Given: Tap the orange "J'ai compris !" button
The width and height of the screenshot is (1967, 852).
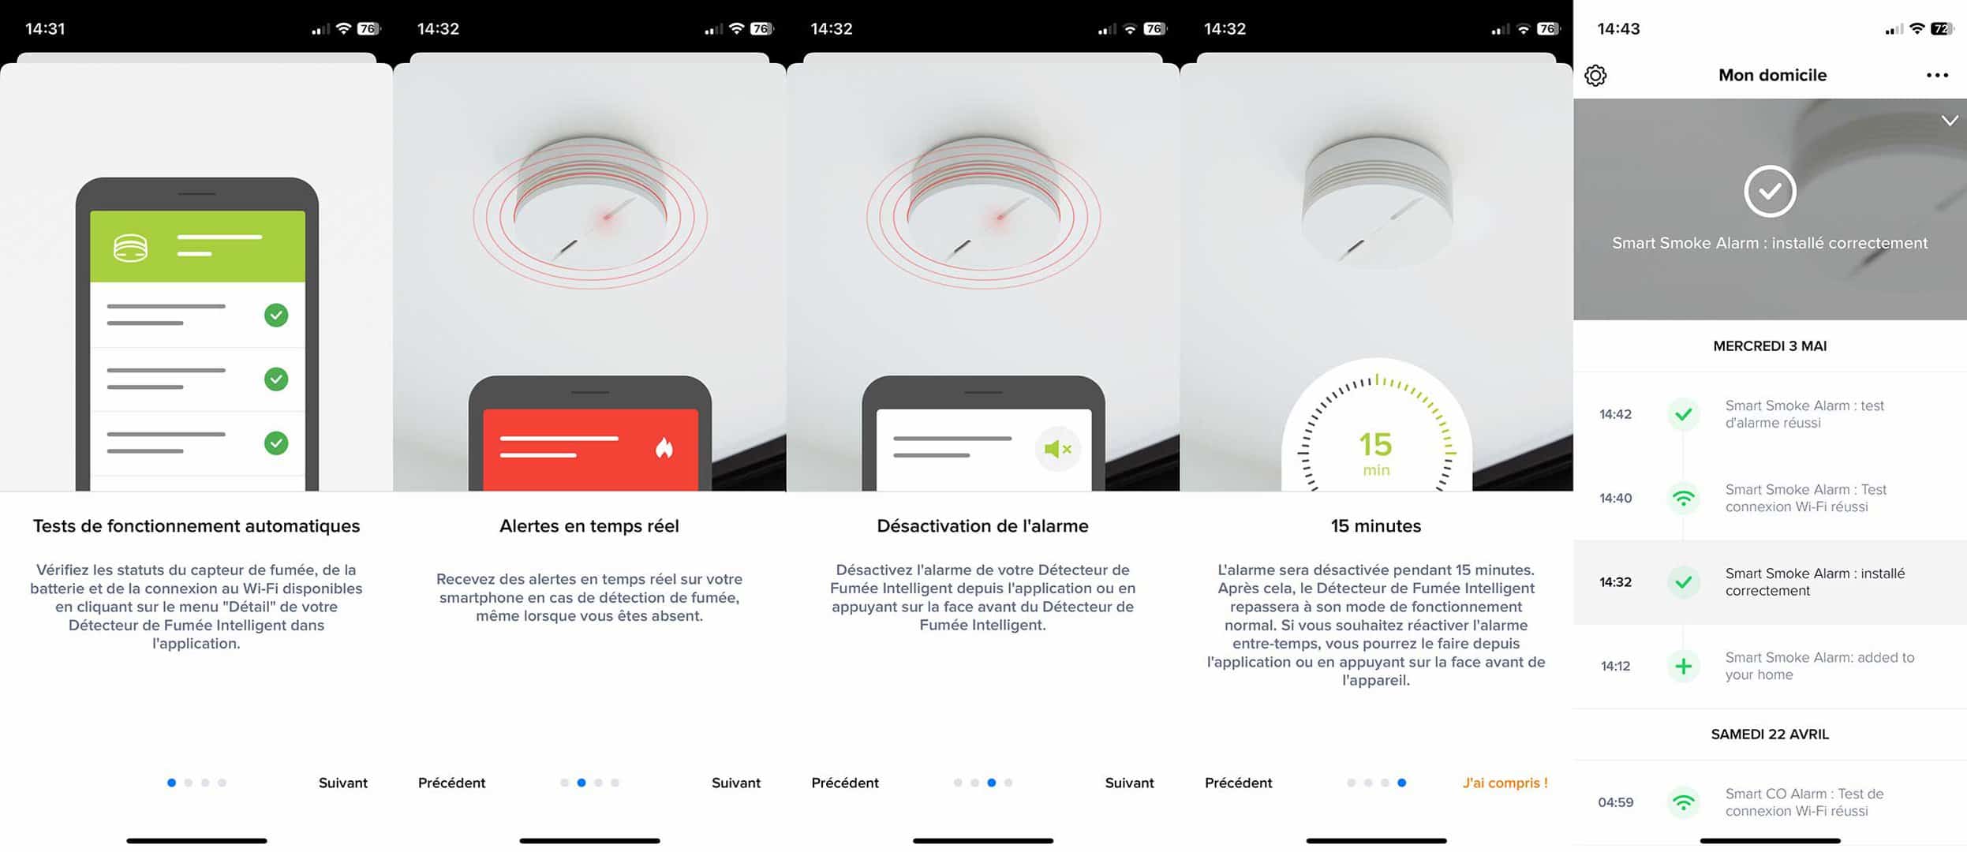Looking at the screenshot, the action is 1505,783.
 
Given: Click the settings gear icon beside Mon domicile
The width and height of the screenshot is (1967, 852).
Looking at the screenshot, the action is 1595,76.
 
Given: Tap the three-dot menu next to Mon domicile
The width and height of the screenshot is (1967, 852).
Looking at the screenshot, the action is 1937,76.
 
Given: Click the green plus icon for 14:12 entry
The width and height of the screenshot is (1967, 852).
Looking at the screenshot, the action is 1683,667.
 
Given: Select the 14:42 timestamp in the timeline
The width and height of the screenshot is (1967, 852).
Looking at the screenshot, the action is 1615,414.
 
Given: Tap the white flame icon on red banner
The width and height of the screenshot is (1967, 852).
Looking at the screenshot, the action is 664,448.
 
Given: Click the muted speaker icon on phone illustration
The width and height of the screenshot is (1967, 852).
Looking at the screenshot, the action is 1057,449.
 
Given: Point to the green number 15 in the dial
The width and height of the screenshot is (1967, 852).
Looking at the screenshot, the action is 1375,444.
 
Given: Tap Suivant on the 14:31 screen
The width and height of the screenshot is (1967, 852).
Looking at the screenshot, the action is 343,783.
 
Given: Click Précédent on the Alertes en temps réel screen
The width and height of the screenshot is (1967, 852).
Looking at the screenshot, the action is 451,783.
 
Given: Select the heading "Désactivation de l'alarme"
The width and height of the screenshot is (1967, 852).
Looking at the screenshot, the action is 982,526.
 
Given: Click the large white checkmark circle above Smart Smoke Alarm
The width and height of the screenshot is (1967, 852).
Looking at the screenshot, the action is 1770,191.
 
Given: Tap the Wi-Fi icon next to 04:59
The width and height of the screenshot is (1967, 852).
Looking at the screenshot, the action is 1683,803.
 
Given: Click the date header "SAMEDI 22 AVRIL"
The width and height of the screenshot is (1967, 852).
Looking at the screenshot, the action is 1770,734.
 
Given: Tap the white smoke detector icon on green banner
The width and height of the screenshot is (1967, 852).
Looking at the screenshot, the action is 130,248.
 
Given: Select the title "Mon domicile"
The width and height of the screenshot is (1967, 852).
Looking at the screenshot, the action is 1772,75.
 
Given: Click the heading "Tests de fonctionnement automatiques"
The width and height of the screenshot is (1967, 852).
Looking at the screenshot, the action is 196,526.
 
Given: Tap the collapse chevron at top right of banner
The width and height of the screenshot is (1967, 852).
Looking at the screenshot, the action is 1950,121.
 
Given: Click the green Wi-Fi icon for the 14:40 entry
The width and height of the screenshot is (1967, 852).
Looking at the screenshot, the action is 1683,499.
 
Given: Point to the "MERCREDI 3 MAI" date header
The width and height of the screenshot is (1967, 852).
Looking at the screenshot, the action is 1770,346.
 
